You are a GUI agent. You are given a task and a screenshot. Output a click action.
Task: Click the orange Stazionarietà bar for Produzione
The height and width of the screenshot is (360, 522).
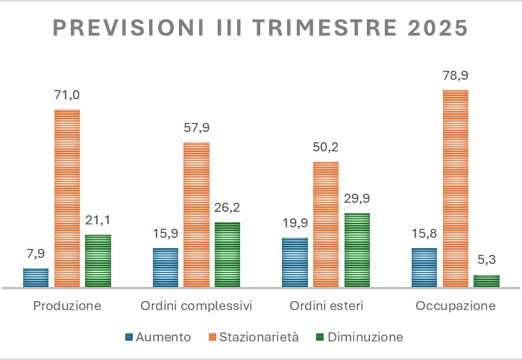(x=67, y=198)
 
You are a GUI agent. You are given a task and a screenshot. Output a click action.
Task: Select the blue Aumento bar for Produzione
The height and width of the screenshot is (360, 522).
(x=36, y=277)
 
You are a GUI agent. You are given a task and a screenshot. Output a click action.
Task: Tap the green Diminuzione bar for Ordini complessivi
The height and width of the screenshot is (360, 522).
(x=227, y=254)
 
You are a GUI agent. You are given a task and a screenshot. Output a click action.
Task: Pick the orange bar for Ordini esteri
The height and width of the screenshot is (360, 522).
(x=326, y=224)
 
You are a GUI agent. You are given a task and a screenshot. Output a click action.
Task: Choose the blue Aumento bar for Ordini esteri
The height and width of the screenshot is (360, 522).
(x=295, y=262)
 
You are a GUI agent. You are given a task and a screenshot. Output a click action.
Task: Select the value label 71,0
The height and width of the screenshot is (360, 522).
(x=67, y=95)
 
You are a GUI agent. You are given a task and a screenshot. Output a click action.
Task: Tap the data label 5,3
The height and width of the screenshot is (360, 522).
(x=486, y=261)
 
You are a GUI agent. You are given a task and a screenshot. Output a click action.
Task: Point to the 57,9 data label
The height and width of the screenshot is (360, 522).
(x=196, y=127)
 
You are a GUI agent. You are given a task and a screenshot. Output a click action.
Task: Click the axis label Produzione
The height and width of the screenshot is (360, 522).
(x=67, y=306)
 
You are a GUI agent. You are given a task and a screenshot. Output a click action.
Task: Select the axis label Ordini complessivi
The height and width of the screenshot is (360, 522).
(x=197, y=306)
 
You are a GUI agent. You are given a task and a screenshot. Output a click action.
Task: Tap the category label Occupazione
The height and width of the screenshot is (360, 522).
(x=456, y=306)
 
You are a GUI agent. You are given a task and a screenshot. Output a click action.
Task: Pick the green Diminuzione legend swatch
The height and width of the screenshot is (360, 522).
(x=321, y=338)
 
